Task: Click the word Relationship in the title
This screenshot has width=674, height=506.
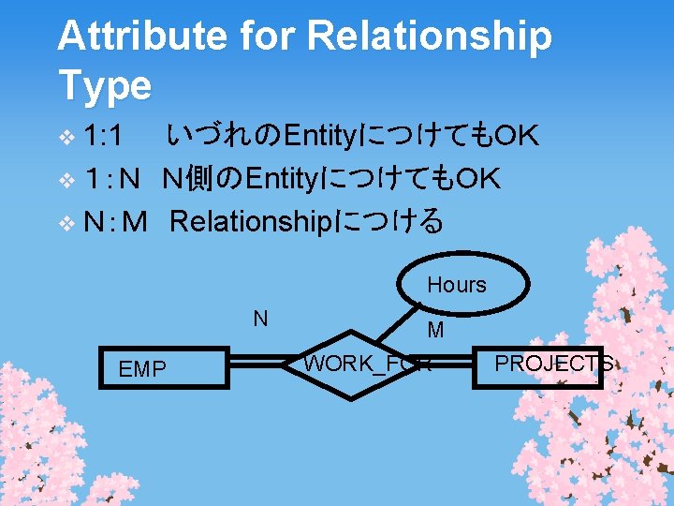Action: (x=430, y=37)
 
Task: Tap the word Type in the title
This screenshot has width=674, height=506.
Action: (x=104, y=85)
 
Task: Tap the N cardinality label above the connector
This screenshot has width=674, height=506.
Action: (x=260, y=319)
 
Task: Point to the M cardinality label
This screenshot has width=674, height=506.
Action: (x=435, y=330)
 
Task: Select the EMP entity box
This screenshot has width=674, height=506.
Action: (x=168, y=369)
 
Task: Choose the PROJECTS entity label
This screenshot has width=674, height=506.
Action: (x=553, y=364)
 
